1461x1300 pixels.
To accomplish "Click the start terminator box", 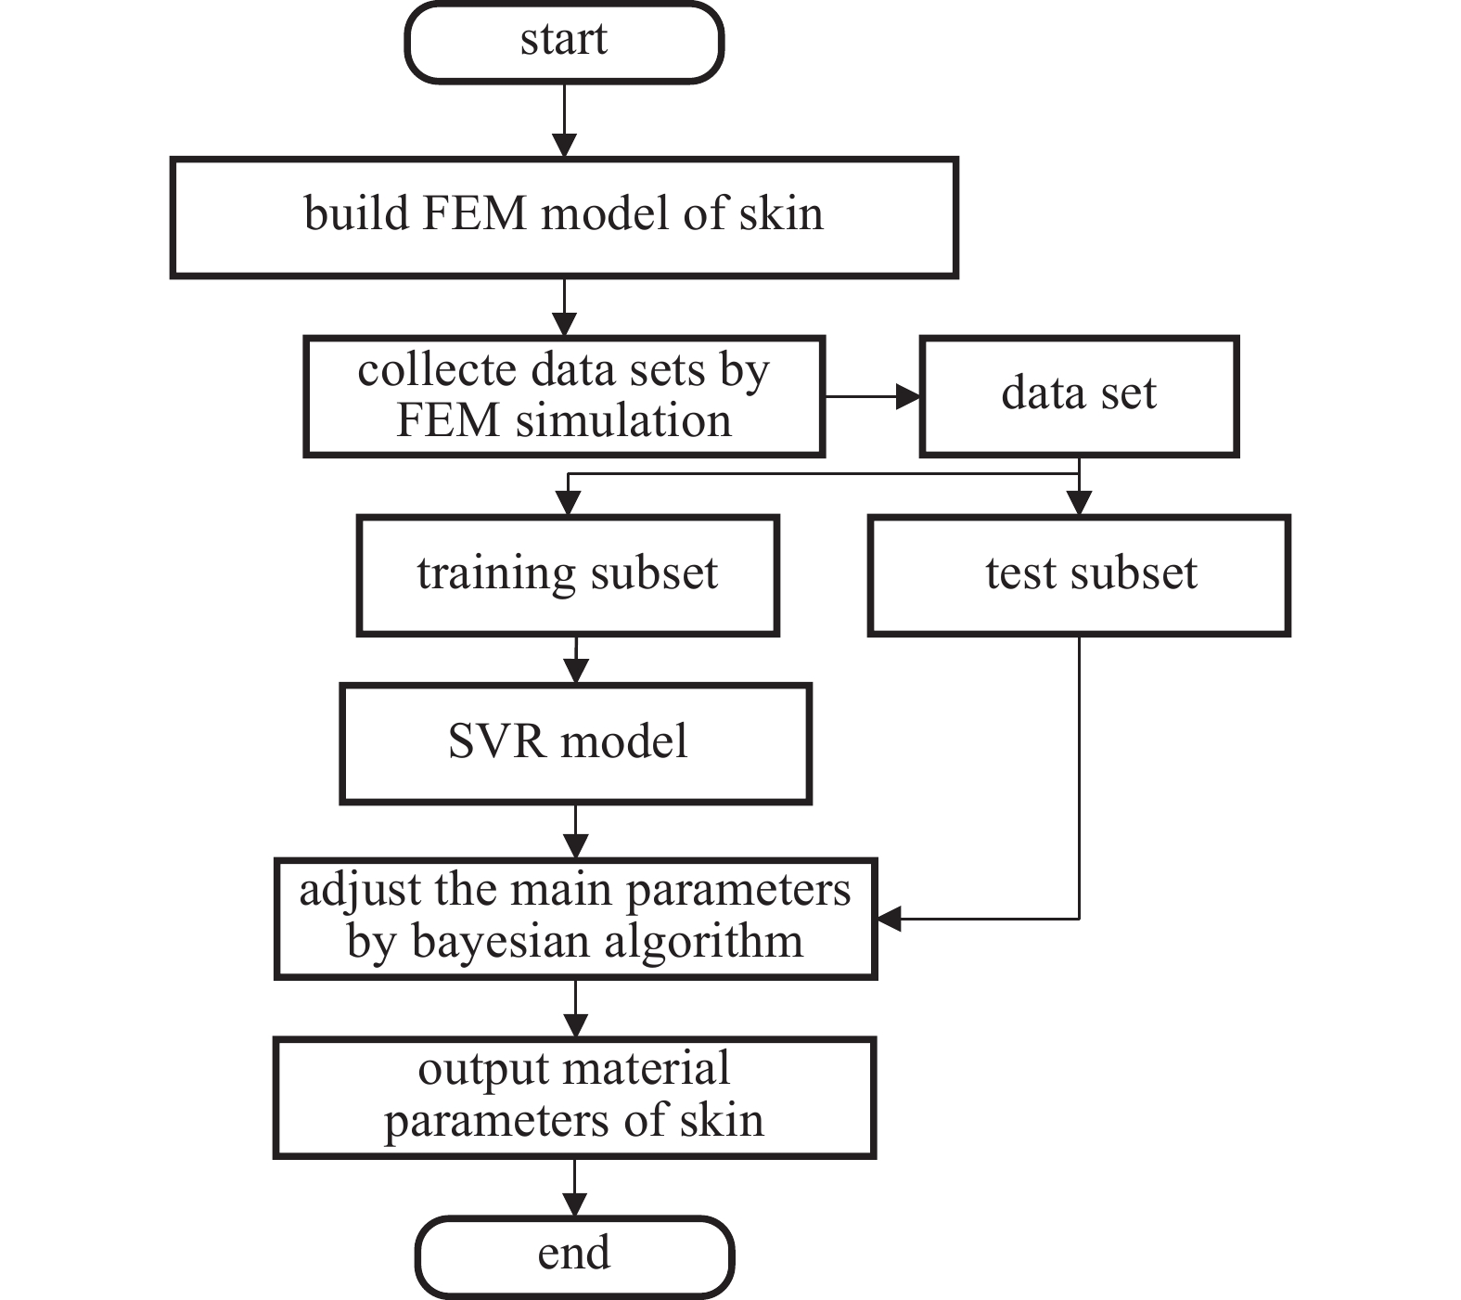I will [564, 43].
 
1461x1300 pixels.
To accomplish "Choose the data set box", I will [1078, 395].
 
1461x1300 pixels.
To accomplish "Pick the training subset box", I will [567, 574].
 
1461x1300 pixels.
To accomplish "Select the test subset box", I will [1078, 574].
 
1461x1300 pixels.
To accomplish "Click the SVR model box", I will [575, 743].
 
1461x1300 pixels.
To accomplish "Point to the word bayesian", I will [496, 943].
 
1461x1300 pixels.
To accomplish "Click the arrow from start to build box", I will [564, 121].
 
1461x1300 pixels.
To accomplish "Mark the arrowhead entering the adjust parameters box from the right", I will [890, 919].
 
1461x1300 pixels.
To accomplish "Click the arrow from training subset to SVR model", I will [576, 660].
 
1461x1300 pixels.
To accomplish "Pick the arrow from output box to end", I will [574, 1188].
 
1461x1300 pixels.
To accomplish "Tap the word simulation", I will [623, 421].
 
